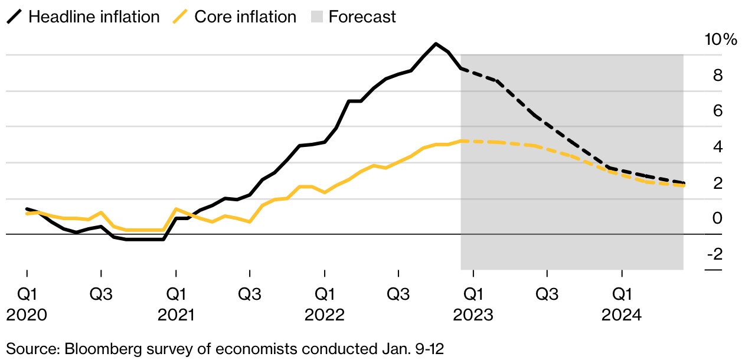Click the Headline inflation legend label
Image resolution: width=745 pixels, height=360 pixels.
[94, 17]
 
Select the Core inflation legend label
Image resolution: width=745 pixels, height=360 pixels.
[245, 17]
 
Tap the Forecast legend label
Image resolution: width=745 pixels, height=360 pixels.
[362, 17]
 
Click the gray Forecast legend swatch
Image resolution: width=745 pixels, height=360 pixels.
[317, 17]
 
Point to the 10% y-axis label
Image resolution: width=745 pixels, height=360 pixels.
[721, 40]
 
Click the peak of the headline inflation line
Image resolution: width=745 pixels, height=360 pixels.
[436, 44]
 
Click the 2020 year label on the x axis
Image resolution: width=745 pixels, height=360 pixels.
[27, 316]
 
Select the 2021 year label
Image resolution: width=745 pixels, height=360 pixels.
[176, 316]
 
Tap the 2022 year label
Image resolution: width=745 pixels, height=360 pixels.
[324, 316]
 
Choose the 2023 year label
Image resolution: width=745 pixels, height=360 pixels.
[473, 316]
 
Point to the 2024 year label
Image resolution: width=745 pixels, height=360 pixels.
[622, 316]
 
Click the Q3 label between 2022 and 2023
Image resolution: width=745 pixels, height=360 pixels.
[398, 293]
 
